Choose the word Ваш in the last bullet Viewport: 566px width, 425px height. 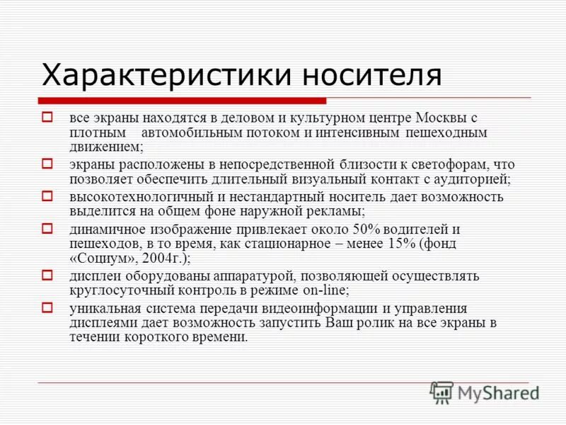click(x=342, y=322)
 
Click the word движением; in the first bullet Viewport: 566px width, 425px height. click(x=106, y=147)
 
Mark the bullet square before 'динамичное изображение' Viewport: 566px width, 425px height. click(x=48, y=228)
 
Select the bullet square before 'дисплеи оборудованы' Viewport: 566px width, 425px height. click(x=48, y=275)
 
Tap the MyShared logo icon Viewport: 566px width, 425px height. click(x=441, y=392)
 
